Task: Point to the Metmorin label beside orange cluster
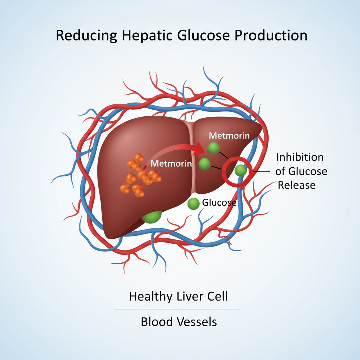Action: [x=171, y=163]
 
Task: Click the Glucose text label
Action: [x=219, y=202]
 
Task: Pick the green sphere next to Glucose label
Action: [x=193, y=204]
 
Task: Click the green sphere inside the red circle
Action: [x=241, y=171]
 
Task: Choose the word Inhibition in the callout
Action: [x=300, y=157]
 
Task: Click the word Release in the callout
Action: [x=297, y=185]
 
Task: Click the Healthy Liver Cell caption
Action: [x=178, y=296]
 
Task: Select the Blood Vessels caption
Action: [x=179, y=321]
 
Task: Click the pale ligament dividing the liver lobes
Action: [x=192, y=158]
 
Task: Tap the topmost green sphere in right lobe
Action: [x=213, y=148]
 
